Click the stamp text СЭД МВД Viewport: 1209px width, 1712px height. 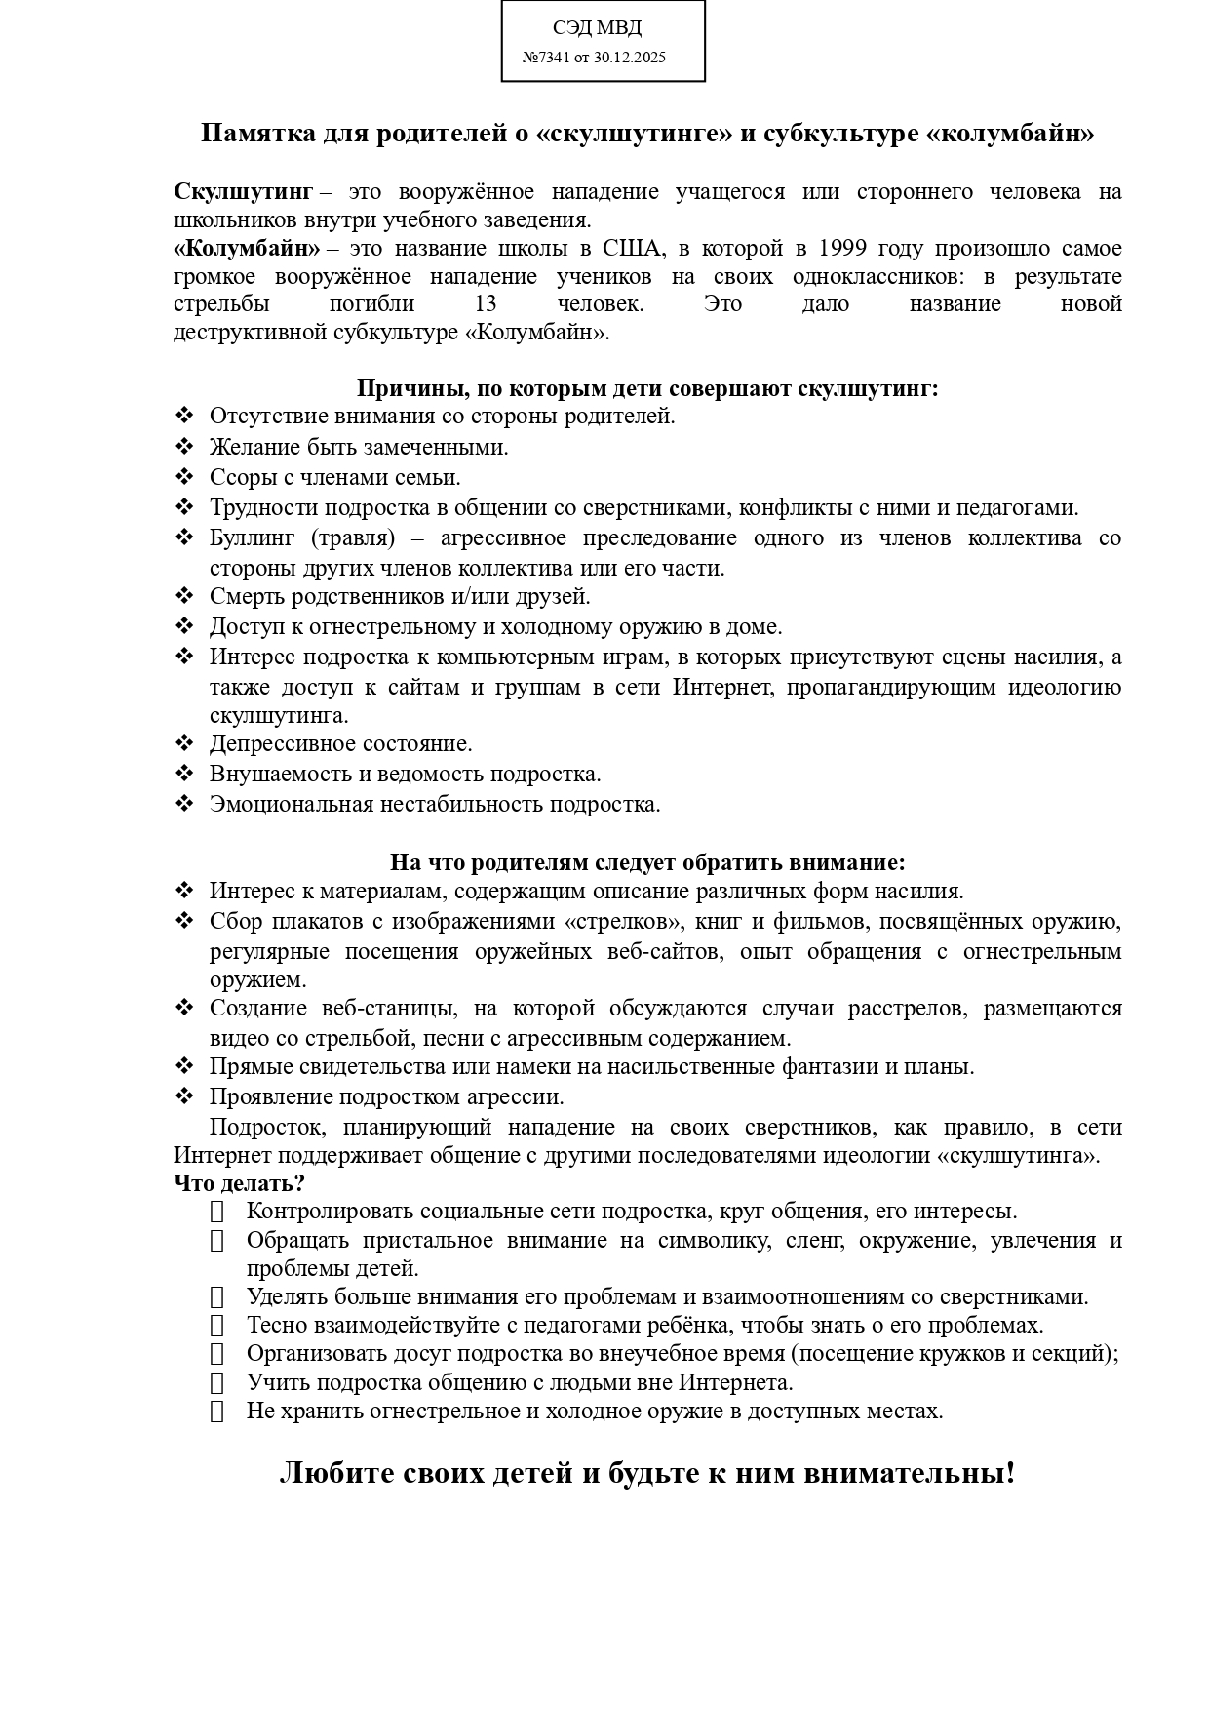[x=597, y=28]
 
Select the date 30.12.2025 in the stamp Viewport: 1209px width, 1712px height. [x=629, y=58]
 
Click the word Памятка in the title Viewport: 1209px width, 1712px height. [x=257, y=134]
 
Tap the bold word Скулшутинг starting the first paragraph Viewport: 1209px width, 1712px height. [x=243, y=192]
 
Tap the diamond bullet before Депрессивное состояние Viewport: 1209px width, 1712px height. [x=184, y=743]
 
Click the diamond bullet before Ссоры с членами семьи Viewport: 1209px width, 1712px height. [x=184, y=477]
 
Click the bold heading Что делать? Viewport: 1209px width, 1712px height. [x=239, y=1183]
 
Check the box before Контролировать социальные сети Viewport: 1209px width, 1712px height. [x=216, y=1212]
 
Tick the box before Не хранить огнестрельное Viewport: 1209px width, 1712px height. [x=216, y=1412]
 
